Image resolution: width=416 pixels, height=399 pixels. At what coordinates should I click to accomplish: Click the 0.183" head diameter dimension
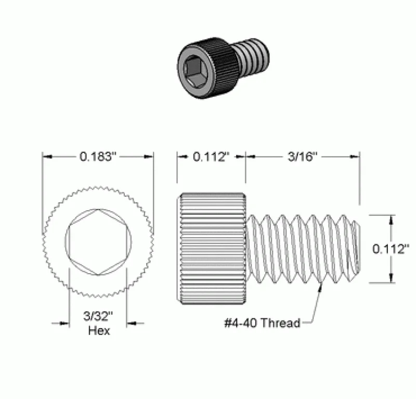[x=98, y=157]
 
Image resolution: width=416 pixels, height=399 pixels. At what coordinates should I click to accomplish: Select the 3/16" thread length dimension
[x=303, y=157]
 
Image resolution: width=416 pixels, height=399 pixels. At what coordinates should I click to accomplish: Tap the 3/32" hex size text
[x=98, y=316]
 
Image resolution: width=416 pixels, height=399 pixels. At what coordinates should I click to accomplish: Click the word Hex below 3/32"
[x=99, y=330]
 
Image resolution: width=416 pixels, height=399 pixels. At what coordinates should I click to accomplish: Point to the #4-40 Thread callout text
[x=262, y=323]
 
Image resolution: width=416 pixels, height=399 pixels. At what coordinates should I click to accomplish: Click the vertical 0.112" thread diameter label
[x=391, y=249]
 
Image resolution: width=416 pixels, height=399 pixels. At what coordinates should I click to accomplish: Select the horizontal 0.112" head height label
[x=211, y=157]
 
